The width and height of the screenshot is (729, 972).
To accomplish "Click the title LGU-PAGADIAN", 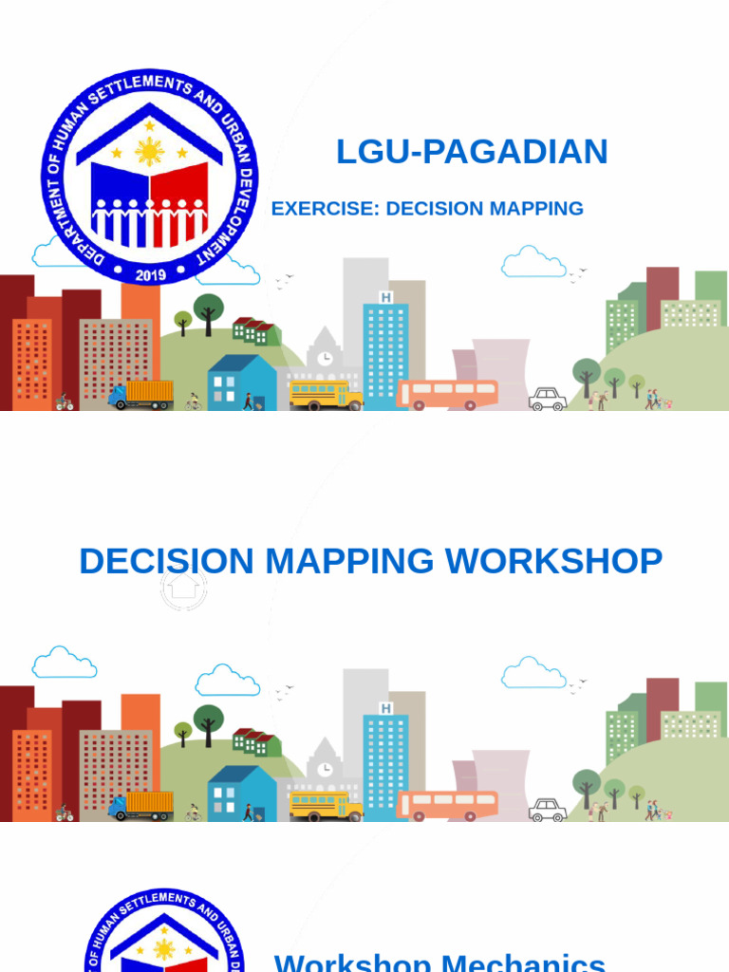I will click(x=472, y=152).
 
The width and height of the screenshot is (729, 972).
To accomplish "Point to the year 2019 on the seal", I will click(x=150, y=274).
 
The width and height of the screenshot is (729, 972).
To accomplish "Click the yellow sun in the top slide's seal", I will click(x=150, y=152).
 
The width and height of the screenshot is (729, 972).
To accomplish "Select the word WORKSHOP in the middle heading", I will click(x=554, y=561).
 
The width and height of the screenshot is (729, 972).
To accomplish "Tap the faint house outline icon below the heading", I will click(x=183, y=588).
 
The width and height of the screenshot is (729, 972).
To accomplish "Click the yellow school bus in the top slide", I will click(x=326, y=395).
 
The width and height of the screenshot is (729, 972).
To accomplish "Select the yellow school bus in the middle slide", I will click(x=326, y=806).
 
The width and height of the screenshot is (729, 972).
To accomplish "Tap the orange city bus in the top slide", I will click(x=447, y=395).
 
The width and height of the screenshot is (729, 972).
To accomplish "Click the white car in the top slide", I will click(x=548, y=400).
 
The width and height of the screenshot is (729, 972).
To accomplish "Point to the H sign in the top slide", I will click(x=385, y=297).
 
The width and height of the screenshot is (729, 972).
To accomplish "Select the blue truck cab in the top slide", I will click(x=118, y=397).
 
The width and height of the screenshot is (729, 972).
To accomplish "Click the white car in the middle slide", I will click(x=548, y=811).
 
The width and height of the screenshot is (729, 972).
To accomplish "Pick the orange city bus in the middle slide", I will click(x=447, y=806).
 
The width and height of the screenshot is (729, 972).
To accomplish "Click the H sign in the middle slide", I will click(x=385, y=708).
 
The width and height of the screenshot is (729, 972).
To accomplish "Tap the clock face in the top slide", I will click(x=326, y=358).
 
